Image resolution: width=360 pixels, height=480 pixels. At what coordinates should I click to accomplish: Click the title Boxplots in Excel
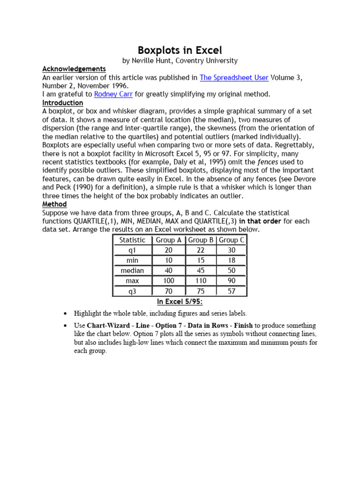(x=180, y=50)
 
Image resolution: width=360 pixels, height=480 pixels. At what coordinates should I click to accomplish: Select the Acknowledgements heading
(x=74, y=69)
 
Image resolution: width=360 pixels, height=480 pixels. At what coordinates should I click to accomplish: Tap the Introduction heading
(x=62, y=103)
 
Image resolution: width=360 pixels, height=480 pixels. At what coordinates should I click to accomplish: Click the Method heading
(x=54, y=204)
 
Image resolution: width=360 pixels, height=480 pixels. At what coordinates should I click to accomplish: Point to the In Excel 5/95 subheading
(x=180, y=301)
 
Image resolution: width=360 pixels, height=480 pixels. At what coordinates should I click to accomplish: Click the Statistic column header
(x=133, y=240)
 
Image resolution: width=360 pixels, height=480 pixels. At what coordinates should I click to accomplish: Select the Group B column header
(x=201, y=240)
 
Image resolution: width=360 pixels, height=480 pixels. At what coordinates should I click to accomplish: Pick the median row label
(x=133, y=270)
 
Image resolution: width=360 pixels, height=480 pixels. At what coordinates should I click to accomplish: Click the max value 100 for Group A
(x=168, y=281)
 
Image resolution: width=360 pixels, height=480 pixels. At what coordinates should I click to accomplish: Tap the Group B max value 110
(x=201, y=281)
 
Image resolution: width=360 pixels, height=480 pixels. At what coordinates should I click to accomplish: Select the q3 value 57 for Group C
(x=232, y=291)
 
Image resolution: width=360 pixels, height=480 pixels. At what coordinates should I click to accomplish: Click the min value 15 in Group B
(x=201, y=260)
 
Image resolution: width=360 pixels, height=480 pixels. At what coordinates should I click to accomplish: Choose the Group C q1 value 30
(x=232, y=250)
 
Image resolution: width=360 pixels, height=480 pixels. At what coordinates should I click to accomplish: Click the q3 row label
(x=133, y=291)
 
